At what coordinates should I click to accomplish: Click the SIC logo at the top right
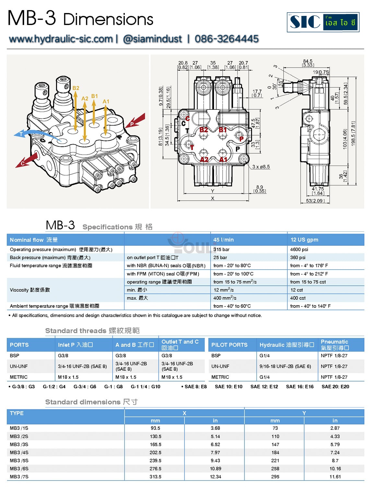[x=323, y=22]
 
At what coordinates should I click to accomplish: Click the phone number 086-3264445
[x=226, y=39]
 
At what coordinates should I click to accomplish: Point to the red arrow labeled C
[x=27, y=160]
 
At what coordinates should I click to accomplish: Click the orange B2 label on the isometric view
[x=76, y=88]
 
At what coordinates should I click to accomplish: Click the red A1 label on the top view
[x=223, y=159]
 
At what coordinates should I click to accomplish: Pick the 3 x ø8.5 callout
[x=261, y=167]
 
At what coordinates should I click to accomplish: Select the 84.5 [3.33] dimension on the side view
[x=308, y=63]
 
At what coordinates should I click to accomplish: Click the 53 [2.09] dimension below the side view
[x=315, y=201]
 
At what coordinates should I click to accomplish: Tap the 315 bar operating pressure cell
[x=221, y=249]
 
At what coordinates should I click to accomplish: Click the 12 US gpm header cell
[x=304, y=240]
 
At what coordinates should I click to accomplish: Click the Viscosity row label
[x=30, y=290]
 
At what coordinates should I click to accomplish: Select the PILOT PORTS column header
[x=229, y=345]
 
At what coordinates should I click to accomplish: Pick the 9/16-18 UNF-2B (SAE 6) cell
[x=285, y=366]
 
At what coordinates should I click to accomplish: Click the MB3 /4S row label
[x=19, y=452]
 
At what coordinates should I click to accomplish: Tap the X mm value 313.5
[x=155, y=477]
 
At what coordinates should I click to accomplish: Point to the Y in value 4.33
[x=335, y=436]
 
